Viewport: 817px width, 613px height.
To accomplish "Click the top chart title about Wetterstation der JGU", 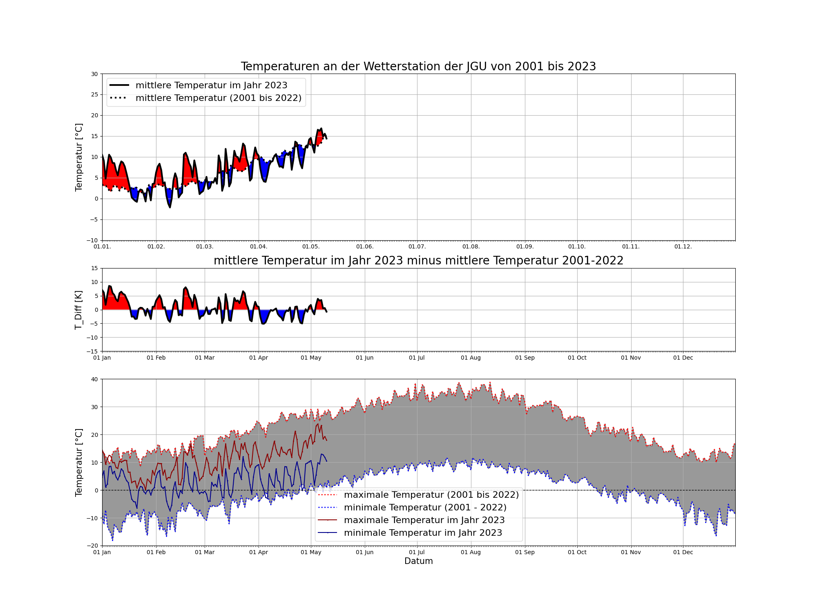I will tap(418, 66).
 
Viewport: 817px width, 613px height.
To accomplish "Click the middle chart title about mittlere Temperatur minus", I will tap(418, 260).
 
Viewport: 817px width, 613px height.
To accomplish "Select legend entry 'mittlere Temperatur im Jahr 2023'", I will tap(211, 85).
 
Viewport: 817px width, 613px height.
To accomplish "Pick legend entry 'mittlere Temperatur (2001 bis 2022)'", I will tap(218, 98).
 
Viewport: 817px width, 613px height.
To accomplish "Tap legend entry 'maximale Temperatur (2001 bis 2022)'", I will tap(431, 495).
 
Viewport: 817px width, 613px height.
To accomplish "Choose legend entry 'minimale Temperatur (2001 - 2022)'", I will tap(425, 508).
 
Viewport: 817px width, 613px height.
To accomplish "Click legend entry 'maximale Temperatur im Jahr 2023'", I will tap(424, 520).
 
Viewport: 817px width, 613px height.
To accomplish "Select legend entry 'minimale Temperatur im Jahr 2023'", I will tap(423, 533).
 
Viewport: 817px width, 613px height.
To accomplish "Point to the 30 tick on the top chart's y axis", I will tap(95, 74).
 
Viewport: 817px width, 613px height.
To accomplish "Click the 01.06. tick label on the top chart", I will tap(365, 247).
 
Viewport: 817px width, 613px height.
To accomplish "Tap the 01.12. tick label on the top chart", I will tap(683, 247).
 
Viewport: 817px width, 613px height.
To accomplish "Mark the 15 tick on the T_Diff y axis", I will tap(95, 268).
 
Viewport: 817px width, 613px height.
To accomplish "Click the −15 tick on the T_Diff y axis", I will tap(93, 351).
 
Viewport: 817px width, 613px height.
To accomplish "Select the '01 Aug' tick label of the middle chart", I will tap(471, 358).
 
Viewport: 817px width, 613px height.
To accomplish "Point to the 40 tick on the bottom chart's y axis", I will tap(95, 379).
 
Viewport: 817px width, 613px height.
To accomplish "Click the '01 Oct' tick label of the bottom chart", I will tap(577, 553).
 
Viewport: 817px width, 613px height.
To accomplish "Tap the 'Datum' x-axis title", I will tap(418, 561).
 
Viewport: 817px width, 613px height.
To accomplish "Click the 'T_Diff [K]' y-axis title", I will tap(78, 310).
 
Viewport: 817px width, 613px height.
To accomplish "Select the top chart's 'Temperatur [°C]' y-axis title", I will tap(78, 157).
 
